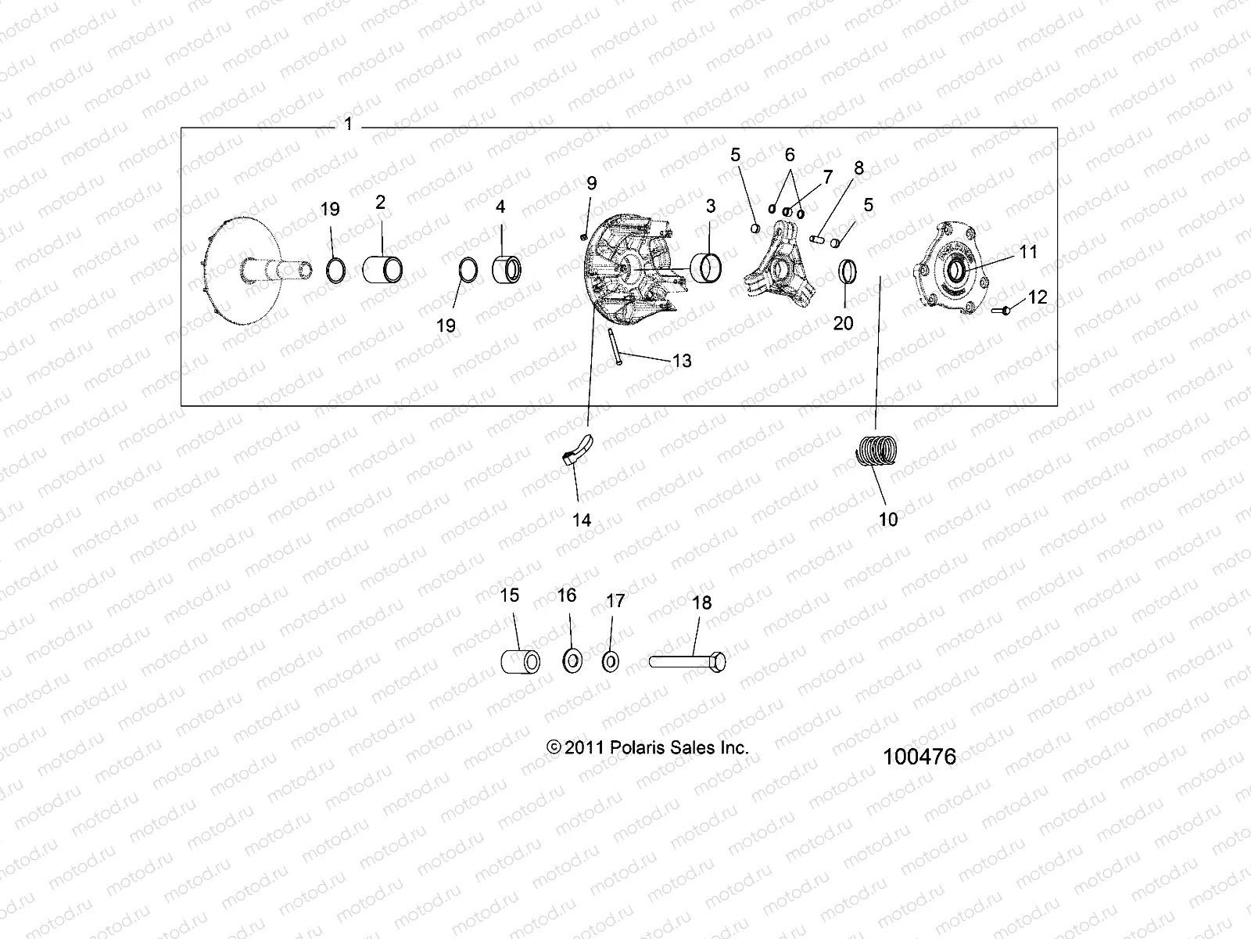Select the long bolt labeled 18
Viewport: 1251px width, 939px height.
coord(687,662)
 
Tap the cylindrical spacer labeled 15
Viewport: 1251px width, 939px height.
coord(520,662)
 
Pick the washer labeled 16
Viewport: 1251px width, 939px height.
coord(572,660)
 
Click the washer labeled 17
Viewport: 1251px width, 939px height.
coord(611,661)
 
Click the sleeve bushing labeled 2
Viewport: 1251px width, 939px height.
coord(383,270)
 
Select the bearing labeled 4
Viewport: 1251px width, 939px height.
coord(506,272)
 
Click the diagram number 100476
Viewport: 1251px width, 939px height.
coord(919,757)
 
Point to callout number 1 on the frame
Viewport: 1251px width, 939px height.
coord(348,124)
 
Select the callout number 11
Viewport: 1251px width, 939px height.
coord(1027,251)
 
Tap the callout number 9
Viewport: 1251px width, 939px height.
coord(591,183)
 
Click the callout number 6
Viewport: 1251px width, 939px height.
coord(790,155)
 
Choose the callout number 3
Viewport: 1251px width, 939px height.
coord(710,206)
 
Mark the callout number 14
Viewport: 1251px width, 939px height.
coord(582,520)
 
